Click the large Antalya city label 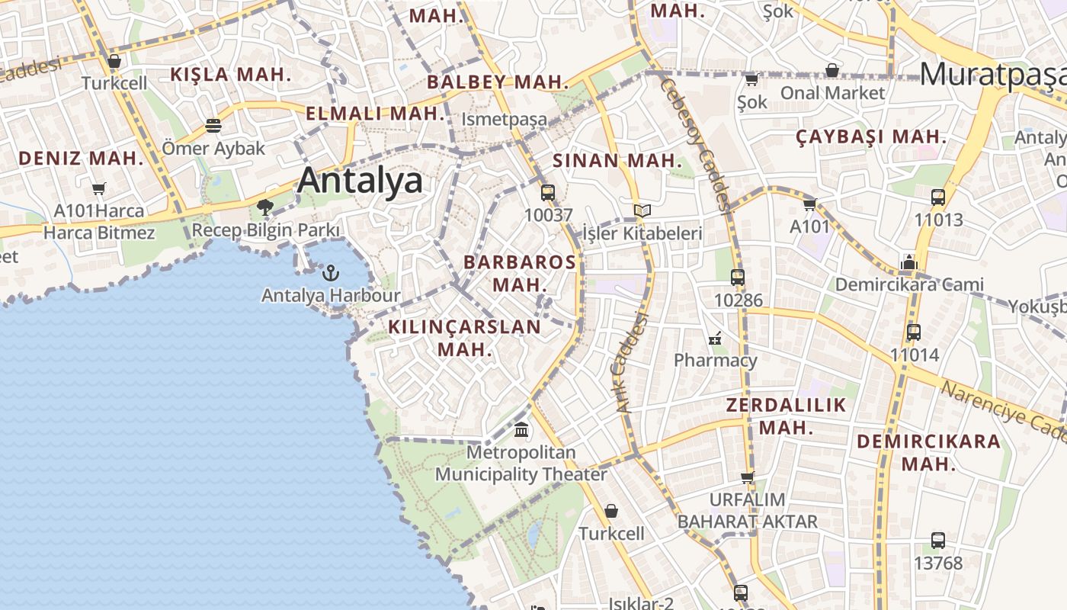tap(360, 181)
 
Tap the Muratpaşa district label tap(992, 74)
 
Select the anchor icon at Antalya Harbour tap(331, 273)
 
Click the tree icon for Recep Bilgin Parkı tap(265, 207)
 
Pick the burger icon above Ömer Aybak tap(213, 125)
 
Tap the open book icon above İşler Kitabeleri tap(642, 210)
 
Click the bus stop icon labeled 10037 tap(547, 193)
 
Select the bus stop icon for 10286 tap(737, 278)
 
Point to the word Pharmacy tap(716, 360)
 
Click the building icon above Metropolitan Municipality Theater tap(521, 430)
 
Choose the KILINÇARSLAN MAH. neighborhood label tap(464, 338)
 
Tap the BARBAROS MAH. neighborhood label tap(520, 273)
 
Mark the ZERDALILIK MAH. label tap(786, 416)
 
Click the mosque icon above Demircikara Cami tap(908, 263)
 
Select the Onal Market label tap(832, 93)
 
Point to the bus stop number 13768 tap(938, 563)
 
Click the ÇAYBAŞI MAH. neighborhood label tap(871, 137)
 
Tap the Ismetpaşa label tap(505, 120)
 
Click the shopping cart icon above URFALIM tap(747, 477)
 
